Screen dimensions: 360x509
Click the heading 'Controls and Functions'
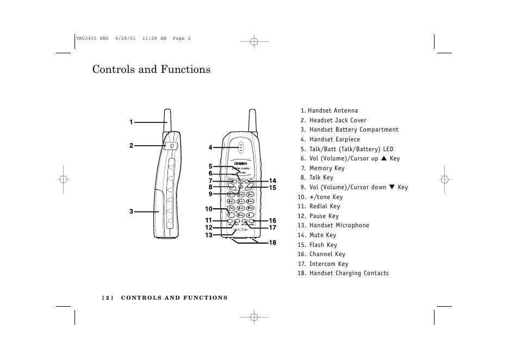(x=151, y=70)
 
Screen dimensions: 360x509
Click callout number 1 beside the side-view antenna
(x=131, y=122)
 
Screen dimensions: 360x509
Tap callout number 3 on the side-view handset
(x=131, y=211)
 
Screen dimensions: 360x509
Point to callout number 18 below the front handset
(x=272, y=243)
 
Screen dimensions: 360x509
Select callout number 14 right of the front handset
(x=272, y=181)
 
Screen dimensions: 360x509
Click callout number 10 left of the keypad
(x=208, y=209)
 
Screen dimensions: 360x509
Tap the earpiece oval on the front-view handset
(x=240, y=146)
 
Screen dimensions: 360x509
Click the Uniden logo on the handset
(x=240, y=163)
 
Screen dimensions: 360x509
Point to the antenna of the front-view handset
(x=253, y=120)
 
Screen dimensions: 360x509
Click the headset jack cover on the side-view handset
(x=172, y=145)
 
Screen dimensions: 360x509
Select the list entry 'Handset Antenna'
(x=333, y=111)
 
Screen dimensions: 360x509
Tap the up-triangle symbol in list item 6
(x=383, y=158)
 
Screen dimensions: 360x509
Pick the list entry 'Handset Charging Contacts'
(x=349, y=274)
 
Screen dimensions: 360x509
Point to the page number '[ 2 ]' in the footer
(x=107, y=298)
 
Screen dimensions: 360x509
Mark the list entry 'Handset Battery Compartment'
(x=354, y=130)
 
